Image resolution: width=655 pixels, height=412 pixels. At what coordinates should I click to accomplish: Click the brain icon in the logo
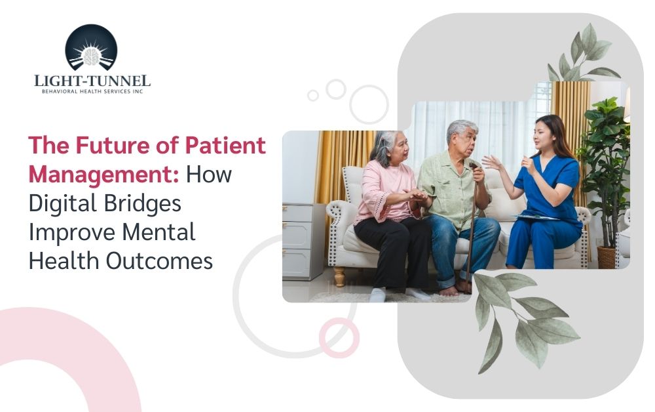point(91,56)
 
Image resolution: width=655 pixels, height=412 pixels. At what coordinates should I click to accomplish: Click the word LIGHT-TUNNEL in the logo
point(92,80)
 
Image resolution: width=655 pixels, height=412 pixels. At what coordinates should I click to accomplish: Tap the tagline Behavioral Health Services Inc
point(92,91)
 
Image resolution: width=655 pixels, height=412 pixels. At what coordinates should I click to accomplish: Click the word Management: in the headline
point(104,174)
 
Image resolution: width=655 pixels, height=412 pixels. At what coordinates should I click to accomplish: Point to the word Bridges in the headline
point(142,203)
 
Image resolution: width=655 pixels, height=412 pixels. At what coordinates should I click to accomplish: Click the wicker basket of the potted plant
point(606,257)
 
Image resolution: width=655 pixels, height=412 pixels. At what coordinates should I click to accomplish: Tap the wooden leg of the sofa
point(339,276)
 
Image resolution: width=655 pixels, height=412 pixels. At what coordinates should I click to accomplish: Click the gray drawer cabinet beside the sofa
point(302,241)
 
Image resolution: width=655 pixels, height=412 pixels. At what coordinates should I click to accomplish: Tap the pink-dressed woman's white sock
point(378,295)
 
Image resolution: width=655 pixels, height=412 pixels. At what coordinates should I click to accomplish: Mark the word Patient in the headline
point(225,145)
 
